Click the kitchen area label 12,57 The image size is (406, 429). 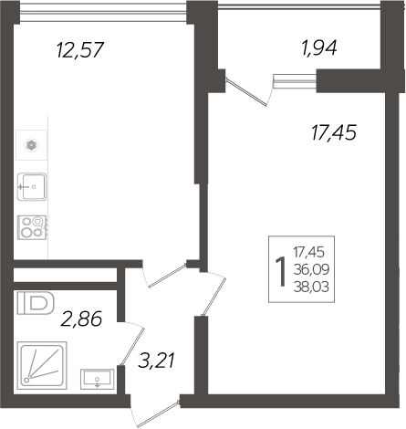tap(80, 50)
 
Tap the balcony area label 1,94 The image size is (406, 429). tap(319, 48)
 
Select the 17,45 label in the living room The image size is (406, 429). tap(334, 132)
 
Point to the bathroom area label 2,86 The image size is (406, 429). tap(81, 319)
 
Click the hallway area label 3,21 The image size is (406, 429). tap(156, 361)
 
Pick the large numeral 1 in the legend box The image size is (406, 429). tap(281, 271)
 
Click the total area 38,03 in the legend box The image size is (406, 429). tap(311, 287)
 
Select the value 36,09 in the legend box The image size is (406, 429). tap(311, 269)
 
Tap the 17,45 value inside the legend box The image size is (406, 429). tap(309, 252)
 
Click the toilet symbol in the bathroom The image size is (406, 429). tap(36, 303)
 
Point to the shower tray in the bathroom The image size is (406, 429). tap(42, 365)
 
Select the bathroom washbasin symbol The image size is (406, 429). tap(98, 379)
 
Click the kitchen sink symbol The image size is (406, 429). tap(32, 187)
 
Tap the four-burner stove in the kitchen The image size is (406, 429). tap(32, 227)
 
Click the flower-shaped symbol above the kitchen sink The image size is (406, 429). tap(31, 145)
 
